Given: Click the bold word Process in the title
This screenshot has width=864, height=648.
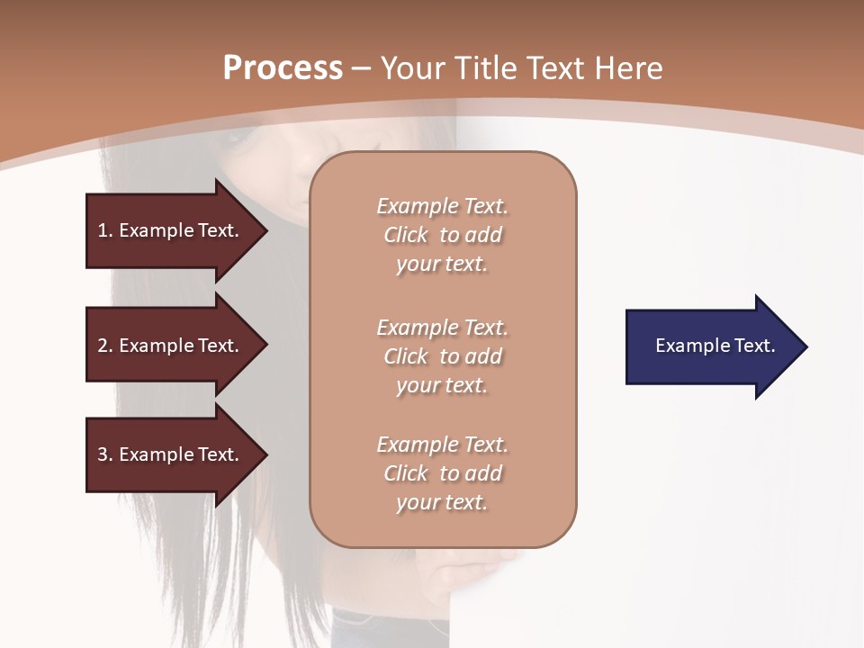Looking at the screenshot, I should coord(283,68).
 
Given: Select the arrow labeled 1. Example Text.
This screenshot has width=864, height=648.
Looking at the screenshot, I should coord(171,230).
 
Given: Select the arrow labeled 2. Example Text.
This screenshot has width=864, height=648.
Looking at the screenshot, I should coord(171,346).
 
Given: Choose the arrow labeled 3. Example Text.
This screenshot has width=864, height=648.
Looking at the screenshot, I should coord(171,454).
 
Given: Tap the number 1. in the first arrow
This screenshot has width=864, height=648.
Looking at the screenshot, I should coord(105,230).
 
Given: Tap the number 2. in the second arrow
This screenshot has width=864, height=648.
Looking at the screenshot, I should coord(105,346).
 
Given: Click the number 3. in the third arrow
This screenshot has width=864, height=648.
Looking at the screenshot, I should coord(105,454).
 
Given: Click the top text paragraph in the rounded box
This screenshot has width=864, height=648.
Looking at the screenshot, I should coord(442,235).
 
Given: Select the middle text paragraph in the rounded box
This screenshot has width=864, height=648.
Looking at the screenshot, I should coord(442,356).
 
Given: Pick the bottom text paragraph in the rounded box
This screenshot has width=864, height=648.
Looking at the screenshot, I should coord(442,473).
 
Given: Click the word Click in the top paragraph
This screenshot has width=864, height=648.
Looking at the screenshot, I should coord(405,235).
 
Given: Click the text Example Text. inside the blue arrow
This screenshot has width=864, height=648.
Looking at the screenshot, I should coord(715,346).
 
